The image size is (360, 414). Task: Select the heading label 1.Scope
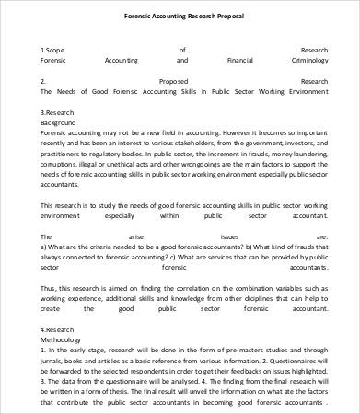52,50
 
